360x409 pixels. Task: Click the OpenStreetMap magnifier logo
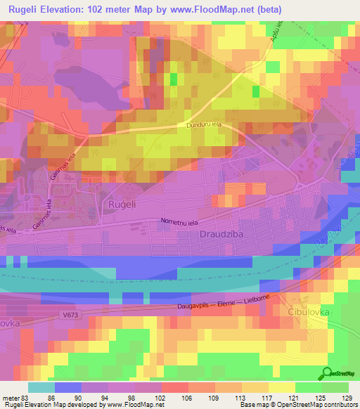pyautogui.click(x=328, y=373)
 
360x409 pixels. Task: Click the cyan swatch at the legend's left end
pyautogui.click(x=41, y=387)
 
